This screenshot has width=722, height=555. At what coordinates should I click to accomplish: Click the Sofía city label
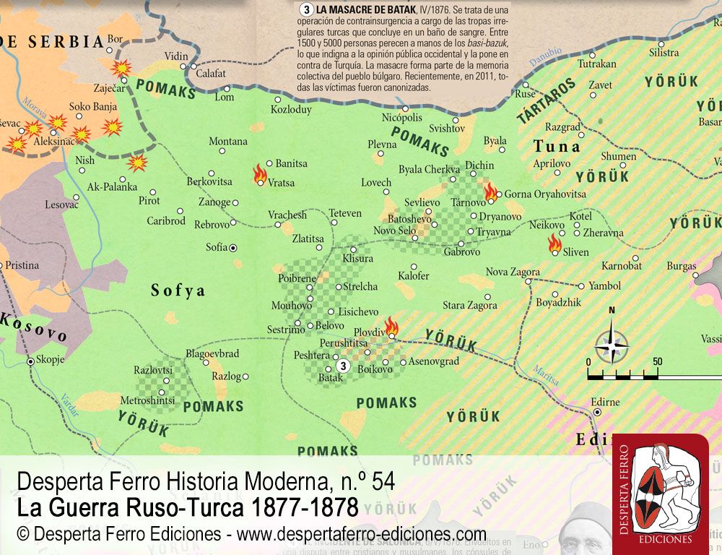[217, 247]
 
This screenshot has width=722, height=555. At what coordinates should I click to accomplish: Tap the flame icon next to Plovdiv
[391, 327]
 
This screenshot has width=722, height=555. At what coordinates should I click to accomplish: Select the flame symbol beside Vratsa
[259, 173]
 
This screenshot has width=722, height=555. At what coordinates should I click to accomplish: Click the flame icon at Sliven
[554, 243]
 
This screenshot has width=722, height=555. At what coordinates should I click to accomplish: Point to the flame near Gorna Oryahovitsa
[491, 192]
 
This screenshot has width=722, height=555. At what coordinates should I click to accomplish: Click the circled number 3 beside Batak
[343, 366]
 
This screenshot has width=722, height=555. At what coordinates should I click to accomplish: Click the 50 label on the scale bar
[657, 361]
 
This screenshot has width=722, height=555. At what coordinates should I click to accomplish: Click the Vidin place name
[176, 56]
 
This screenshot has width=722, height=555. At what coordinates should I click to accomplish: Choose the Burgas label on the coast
[681, 266]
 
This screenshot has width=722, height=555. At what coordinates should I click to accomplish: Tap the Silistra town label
[664, 53]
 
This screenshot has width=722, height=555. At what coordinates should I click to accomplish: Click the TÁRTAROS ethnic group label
[547, 101]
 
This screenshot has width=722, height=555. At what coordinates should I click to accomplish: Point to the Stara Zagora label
[469, 306]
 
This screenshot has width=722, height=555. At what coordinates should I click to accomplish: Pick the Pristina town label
[22, 265]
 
